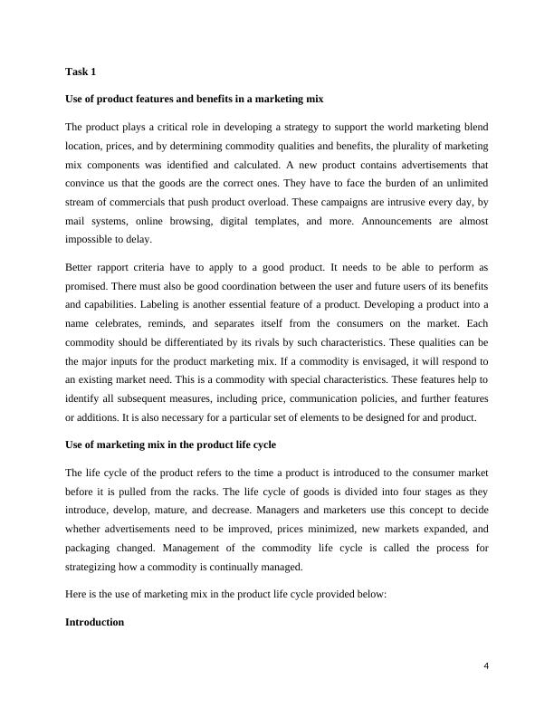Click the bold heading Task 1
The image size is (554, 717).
81,72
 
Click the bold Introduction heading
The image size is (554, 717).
95,624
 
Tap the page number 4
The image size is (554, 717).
486,668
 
